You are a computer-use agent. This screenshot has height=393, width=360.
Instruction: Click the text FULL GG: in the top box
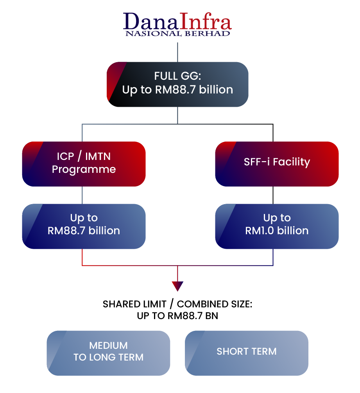tap(177, 76)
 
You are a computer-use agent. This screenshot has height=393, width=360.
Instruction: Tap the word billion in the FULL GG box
tap(216, 90)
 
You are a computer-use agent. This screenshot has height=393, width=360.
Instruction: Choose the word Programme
tap(84, 169)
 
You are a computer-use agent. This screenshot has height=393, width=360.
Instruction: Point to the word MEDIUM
tap(108, 345)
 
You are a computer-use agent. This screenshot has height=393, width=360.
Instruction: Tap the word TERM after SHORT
tap(264, 351)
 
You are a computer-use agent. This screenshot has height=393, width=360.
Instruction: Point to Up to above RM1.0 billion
tap(277, 218)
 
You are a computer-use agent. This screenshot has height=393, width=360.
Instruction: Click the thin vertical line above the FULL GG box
tap(178, 51)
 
